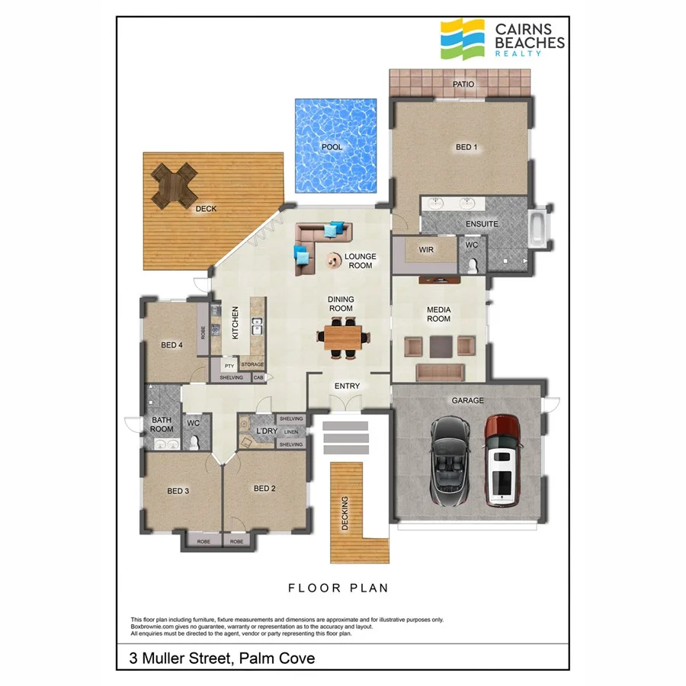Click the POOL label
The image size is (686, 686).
332,147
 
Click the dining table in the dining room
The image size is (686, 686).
341,336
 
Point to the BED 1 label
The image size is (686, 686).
466,147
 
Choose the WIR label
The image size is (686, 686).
425,249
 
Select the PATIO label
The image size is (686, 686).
463,85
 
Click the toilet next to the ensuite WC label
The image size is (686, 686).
473,264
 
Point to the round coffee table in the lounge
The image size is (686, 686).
333,261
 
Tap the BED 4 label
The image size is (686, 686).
171,345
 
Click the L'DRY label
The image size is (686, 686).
266,431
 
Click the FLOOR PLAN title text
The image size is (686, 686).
338,588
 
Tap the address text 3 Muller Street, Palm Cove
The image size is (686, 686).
221,657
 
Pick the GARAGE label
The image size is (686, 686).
467,400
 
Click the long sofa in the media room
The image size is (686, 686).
440,372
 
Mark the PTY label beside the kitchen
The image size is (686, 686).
229,366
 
